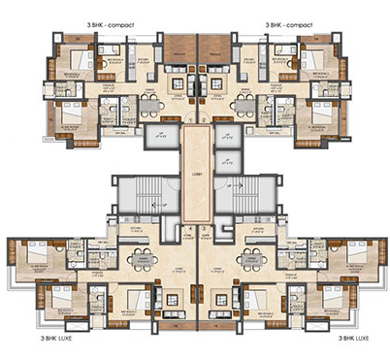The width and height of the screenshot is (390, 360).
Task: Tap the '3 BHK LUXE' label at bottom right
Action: (x=354, y=340)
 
